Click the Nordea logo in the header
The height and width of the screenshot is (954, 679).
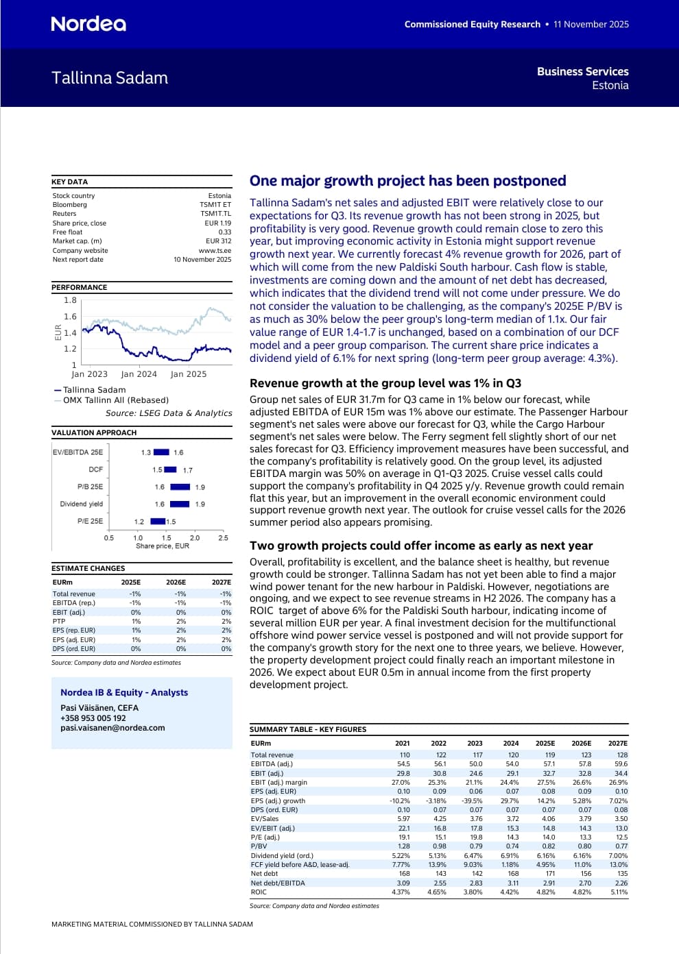(88, 24)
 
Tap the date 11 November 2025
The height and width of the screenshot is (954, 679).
(591, 24)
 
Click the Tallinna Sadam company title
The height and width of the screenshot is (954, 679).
(110, 78)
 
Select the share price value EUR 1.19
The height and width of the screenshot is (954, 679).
(219, 223)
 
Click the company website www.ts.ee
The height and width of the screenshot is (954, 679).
(215, 250)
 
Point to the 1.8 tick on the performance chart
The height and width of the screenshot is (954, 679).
(70, 300)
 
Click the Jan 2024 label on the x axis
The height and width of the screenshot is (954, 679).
(139, 374)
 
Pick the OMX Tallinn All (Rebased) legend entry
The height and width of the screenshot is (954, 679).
(115, 400)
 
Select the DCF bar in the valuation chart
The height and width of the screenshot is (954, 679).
(171, 469)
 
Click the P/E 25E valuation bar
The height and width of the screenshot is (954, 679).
(158, 521)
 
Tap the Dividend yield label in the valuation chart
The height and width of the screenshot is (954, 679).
(82, 504)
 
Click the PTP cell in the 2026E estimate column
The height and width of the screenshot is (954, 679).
(181, 621)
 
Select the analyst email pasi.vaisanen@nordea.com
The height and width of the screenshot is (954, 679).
(112, 728)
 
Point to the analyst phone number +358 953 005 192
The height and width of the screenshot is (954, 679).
(93, 718)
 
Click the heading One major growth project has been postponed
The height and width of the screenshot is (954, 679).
(408, 180)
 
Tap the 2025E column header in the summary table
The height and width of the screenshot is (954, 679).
(545, 743)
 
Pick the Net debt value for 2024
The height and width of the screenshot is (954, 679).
(513, 874)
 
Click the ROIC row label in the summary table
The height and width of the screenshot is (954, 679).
(259, 892)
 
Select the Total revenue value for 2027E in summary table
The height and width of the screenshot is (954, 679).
(622, 755)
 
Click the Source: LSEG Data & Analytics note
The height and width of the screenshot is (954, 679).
(169, 413)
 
